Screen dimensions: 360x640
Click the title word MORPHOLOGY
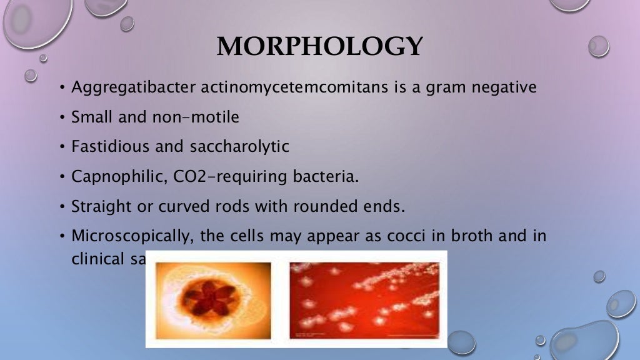tap(319, 47)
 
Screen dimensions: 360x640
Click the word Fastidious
tap(110, 146)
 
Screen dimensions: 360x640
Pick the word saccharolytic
tap(239, 146)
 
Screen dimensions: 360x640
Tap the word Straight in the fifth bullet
tap(101, 206)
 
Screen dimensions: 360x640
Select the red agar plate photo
tap(365, 300)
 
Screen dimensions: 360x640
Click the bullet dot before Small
tap(62, 117)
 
